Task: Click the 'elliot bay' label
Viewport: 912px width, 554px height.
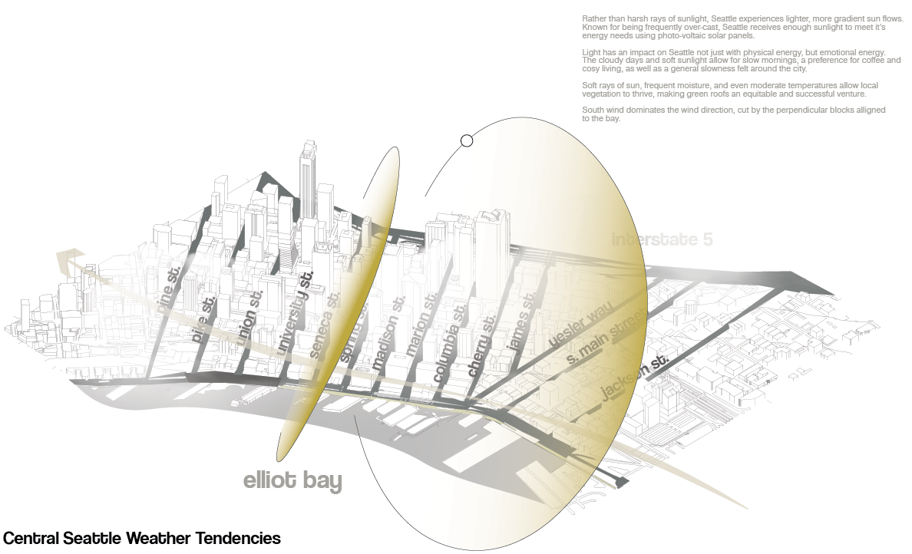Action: click(292, 481)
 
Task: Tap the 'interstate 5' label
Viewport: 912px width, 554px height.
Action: click(662, 239)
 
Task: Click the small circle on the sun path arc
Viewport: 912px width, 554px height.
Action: click(467, 140)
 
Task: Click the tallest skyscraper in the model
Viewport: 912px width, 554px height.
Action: click(308, 180)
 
